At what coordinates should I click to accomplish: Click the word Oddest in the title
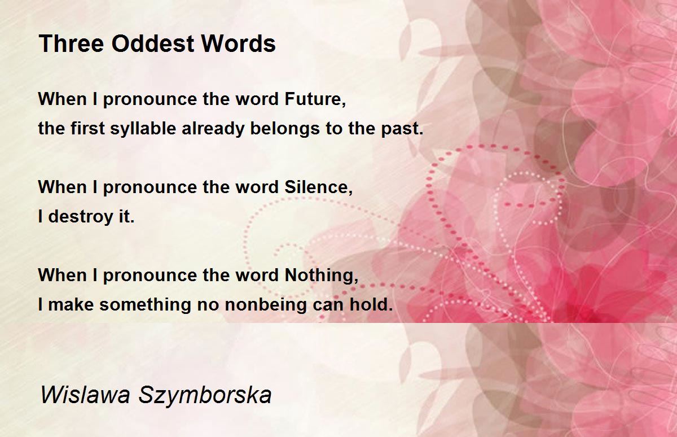153,43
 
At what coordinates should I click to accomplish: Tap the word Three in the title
72,43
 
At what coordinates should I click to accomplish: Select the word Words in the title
239,43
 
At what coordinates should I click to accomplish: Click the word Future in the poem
315,99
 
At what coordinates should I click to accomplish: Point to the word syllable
143,128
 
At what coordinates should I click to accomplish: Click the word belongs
285,128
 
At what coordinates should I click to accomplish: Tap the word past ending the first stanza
402,129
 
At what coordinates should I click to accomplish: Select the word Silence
319,187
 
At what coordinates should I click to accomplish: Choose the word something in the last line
145,304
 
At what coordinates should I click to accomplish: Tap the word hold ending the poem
371,304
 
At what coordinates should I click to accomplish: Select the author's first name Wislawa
85,395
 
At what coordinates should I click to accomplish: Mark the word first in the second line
87,128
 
